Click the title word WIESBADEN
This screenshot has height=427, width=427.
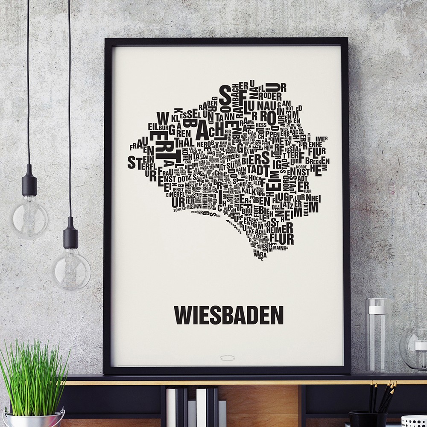[228, 315]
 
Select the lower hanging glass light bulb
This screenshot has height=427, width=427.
[71, 269]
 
